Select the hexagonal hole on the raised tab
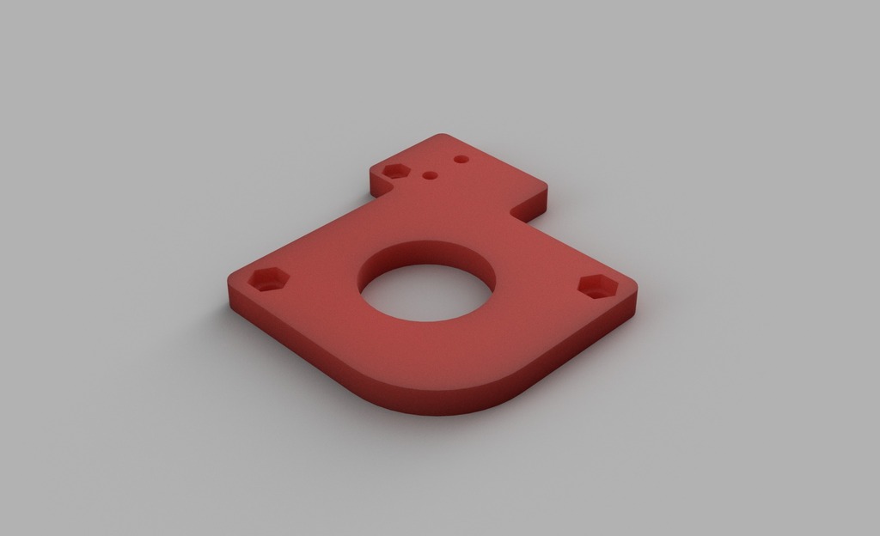tap(395, 170)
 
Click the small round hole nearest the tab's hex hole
tap(431, 175)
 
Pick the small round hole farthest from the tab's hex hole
tap(461, 160)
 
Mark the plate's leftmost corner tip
tap(230, 280)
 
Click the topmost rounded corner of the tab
tap(443, 136)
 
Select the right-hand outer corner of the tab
tap(545, 185)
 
